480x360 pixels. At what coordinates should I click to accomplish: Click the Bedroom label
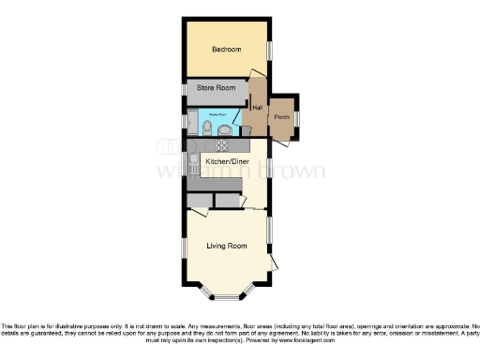point(226,50)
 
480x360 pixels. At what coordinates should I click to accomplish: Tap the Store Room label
point(216,89)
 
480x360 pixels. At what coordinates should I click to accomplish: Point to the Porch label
point(282,117)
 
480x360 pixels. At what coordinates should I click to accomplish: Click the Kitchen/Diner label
point(227,161)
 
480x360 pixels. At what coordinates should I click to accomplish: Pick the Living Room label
point(227,246)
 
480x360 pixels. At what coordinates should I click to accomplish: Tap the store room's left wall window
point(185,90)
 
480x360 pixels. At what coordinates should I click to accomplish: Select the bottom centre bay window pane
point(227,297)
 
